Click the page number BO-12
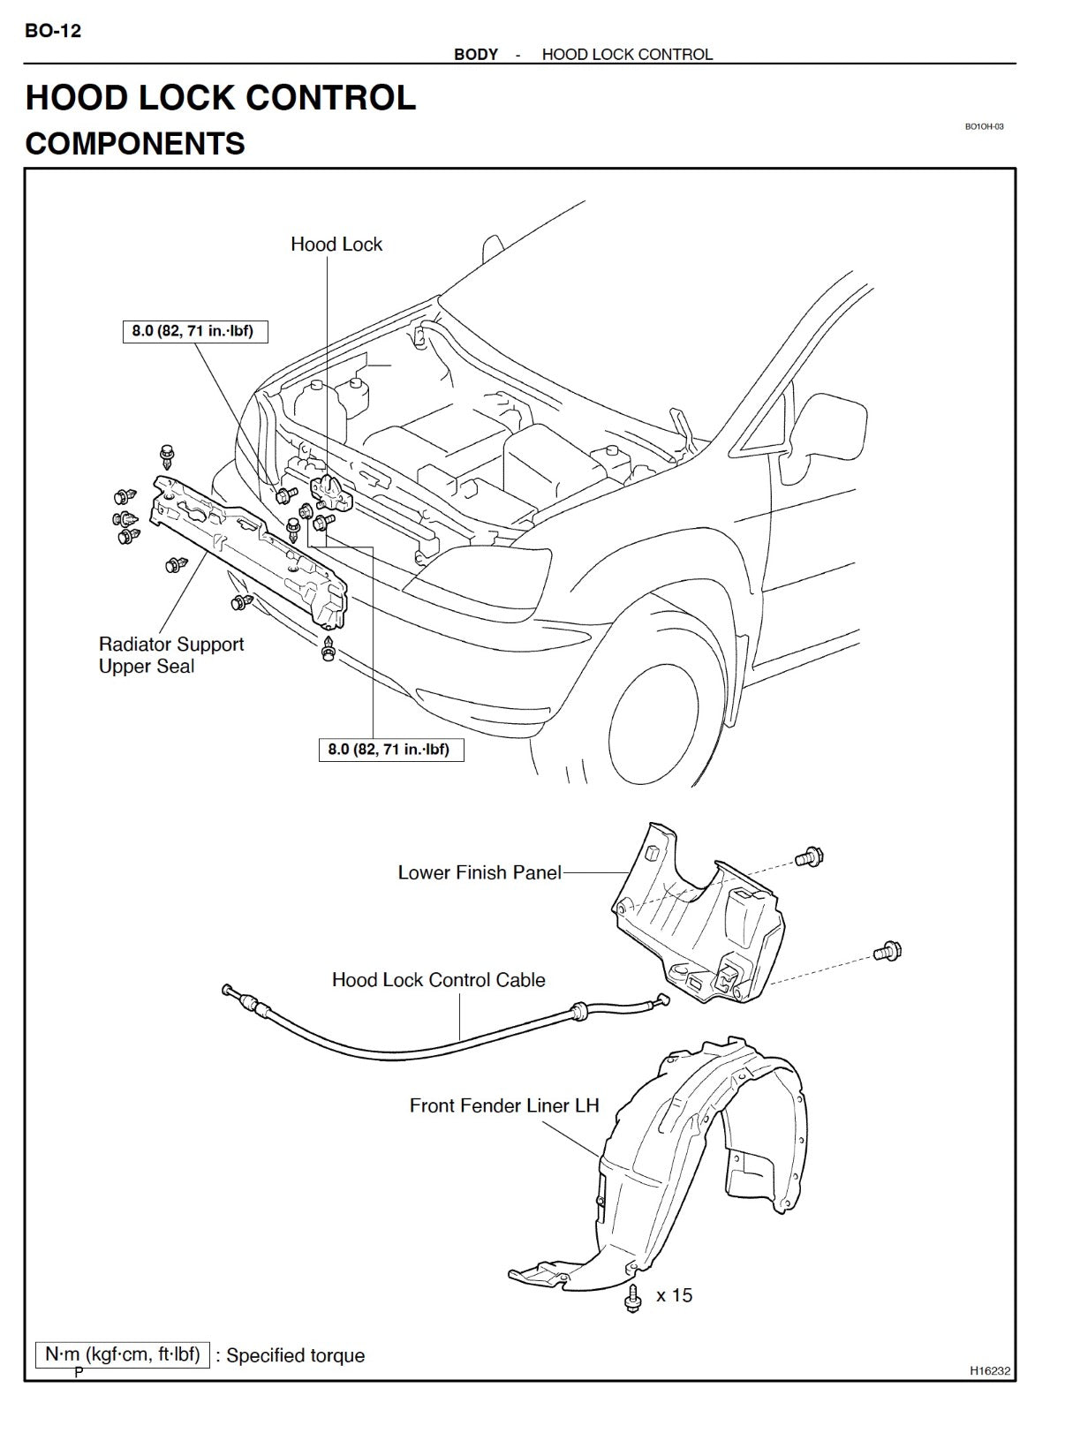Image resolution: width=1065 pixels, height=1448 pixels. [53, 31]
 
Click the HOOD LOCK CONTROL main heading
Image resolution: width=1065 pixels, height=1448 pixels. [220, 97]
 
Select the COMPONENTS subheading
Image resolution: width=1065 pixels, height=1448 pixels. [135, 144]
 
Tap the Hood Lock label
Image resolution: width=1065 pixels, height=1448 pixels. [336, 245]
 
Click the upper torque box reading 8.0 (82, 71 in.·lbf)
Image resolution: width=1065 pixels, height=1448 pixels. [193, 331]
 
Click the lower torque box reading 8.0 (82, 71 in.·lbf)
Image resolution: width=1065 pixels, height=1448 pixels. [389, 750]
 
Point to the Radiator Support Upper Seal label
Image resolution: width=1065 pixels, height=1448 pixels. [170, 655]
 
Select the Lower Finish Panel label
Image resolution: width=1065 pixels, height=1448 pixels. [480, 872]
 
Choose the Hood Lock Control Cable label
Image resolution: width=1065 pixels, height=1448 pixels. [438, 980]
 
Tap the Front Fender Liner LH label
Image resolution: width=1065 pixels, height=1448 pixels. [504, 1105]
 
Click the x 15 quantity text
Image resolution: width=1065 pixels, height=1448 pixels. [675, 1295]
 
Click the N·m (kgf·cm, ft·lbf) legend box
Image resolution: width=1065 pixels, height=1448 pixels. [123, 1354]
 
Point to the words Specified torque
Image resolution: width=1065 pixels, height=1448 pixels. [296, 1355]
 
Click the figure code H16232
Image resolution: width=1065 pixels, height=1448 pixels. [990, 1371]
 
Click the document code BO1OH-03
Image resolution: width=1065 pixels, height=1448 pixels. [984, 126]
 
